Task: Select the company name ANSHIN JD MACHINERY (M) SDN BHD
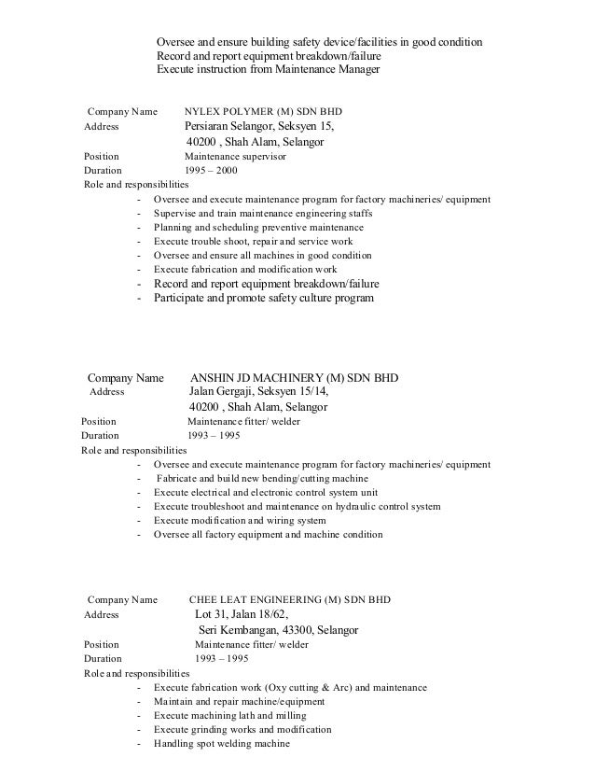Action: [x=294, y=378]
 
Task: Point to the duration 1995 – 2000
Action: [x=213, y=172]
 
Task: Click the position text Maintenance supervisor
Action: [x=235, y=156]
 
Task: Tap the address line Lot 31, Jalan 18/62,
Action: [x=242, y=614]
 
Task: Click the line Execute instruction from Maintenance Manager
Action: [x=269, y=69]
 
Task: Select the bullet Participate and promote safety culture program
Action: [x=263, y=299]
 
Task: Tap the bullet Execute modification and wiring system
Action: [x=241, y=521]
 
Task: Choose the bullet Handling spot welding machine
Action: [x=222, y=744]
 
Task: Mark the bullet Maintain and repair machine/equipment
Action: [x=240, y=701]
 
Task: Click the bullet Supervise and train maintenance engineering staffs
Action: [x=263, y=214]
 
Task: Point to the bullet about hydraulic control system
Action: [x=297, y=507]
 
